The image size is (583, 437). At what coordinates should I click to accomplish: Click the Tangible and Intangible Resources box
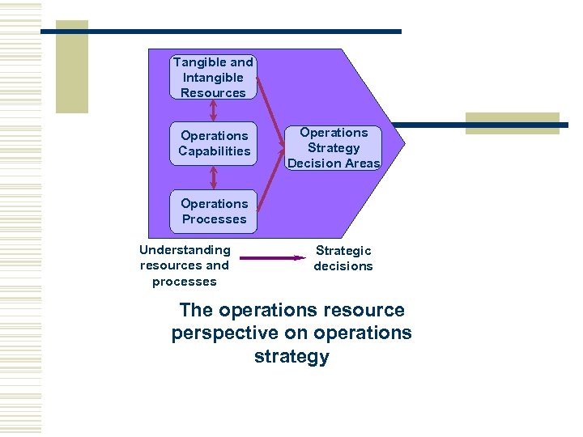214,77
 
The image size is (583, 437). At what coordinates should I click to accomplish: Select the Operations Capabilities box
214,143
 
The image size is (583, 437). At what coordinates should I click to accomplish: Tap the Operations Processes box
214,211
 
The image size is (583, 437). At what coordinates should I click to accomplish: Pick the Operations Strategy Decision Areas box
334,147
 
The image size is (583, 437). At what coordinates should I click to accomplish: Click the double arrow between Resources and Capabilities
214,110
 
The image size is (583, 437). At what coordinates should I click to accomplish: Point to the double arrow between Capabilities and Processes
214,177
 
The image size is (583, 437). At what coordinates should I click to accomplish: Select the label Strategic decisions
343,258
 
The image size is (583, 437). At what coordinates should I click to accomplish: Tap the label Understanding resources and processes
185,265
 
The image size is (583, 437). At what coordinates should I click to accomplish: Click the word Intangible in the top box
213,78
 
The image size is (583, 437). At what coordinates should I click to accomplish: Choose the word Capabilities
215,151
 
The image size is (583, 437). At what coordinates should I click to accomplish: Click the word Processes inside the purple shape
214,219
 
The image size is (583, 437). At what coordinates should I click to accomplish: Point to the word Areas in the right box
362,163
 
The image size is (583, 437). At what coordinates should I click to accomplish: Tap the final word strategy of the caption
291,356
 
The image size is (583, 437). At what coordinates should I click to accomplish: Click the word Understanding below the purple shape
185,250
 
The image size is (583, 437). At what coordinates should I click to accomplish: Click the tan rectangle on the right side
512,123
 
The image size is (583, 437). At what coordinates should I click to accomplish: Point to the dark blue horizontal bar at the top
220,32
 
